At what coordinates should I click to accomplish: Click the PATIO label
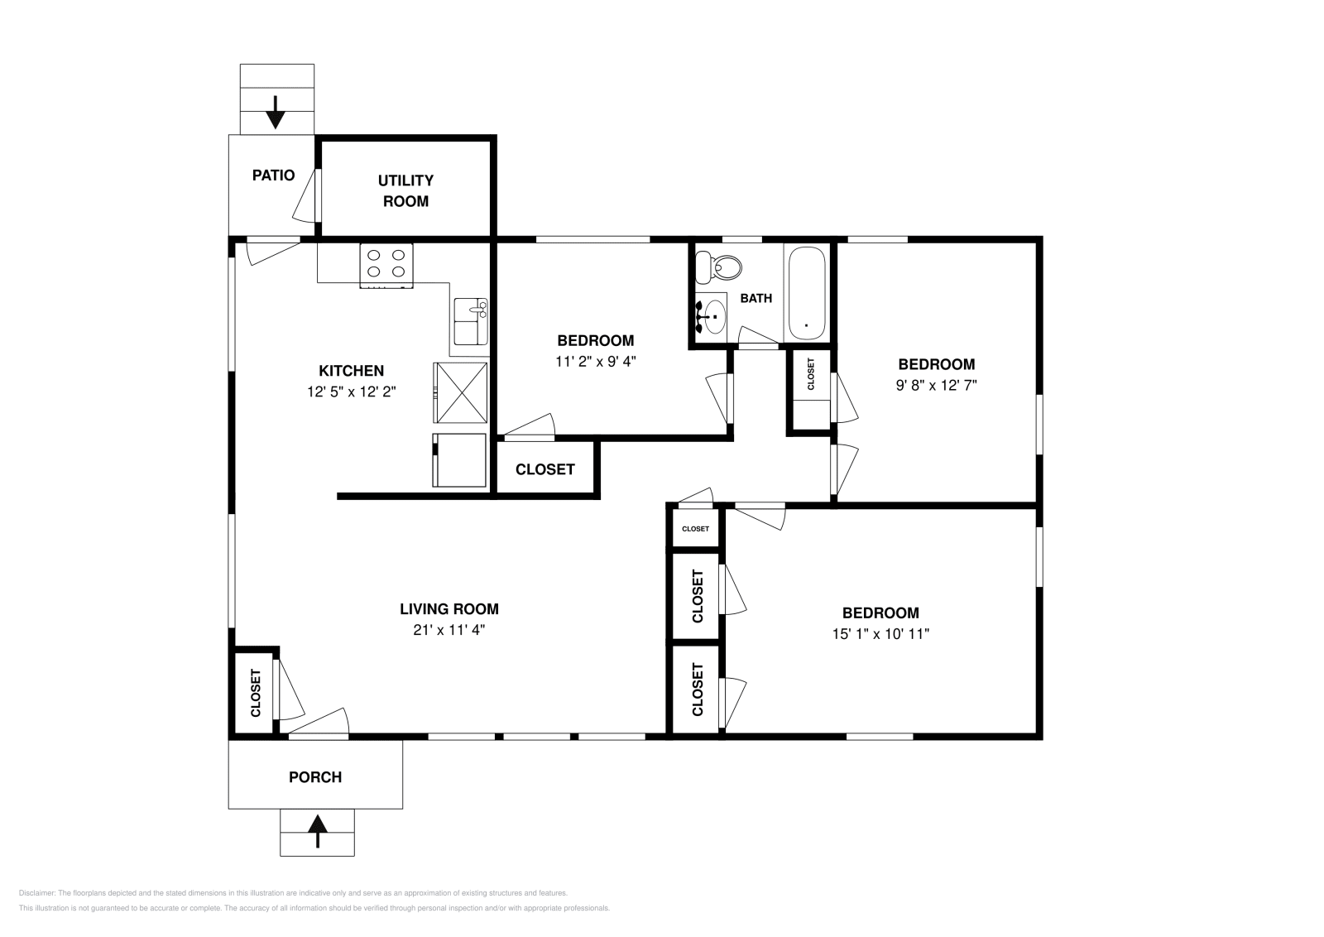pyautogui.click(x=273, y=175)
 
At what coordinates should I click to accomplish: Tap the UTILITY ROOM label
pyautogui.click(x=405, y=190)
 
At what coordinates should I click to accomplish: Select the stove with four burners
pyautogui.click(x=386, y=266)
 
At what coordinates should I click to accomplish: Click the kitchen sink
pyautogui.click(x=471, y=322)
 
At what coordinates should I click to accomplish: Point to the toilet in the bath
pyautogui.click(x=717, y=267)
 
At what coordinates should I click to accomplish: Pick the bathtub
pyautogui.click(x=807, y=293)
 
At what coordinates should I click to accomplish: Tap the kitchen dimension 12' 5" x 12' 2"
pyautogui.click(x=351, y=392)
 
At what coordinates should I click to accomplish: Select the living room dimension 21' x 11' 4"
pyautogui.click(x=449, y=630)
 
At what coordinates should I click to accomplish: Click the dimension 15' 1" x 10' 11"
pyautogui.click(x=880, y=634)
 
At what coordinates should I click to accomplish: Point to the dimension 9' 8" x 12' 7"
pyautogui.click(x=936, y=386)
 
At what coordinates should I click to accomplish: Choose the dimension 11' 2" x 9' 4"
pyautogui.click(x=595, y=361)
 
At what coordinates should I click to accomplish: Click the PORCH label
pyautogui.click(x=315, y=776)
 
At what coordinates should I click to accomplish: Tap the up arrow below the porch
pyautogui.click(x=318, y=831)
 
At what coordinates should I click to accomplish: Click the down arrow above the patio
pyautogui.click(x=276, y=113)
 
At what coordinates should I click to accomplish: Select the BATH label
pyautogui.click(x=756, y=299)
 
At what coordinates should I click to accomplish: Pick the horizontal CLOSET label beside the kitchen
pyautogui.click(x=545, y=469)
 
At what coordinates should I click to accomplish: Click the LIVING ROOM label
pyautogui.click(x=449, y=609)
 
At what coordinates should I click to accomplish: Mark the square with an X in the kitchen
pyautogui.click(x=460, y=392)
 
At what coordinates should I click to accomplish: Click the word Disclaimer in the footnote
pyautogui.click(x=36, y=893)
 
